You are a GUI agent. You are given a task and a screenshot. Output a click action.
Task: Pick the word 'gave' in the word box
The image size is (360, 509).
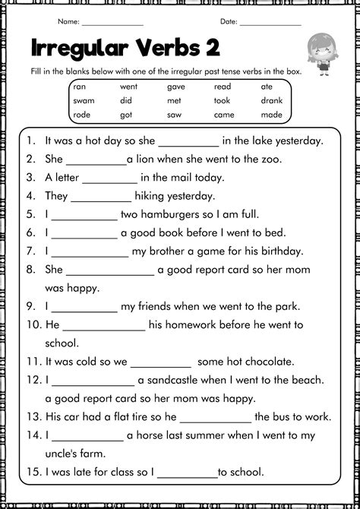click(x=175, y=87)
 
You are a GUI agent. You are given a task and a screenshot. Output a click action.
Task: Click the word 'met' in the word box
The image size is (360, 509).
click(x=174, y=100)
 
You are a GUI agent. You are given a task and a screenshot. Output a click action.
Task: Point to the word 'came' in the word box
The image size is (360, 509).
click(x=224, y=114)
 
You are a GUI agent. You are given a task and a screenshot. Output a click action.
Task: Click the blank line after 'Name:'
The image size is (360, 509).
click(x=112, y=22)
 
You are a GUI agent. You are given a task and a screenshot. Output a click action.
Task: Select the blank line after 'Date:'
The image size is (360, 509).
click(x=270, y=22)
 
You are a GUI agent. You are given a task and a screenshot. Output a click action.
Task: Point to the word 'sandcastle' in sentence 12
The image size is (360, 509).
click(x=176, y=380)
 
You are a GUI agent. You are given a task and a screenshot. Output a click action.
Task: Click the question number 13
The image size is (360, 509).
click(x=32, y=417)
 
